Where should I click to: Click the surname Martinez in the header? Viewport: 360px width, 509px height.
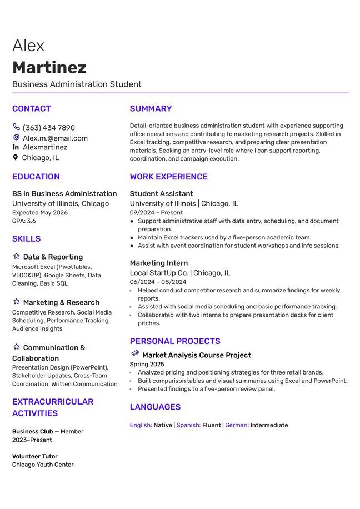tap(49, 68)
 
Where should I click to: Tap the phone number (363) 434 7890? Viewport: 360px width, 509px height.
tap(48, 128)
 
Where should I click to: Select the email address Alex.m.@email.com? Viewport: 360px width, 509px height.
tap(55, 138)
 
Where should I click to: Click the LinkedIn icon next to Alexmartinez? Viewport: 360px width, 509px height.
tap(16, 147)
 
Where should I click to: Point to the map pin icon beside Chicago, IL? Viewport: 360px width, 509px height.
tap(16, 158)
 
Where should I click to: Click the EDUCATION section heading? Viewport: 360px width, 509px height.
tap(36, 177)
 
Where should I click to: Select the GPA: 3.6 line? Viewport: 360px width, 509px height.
tap(24, 221)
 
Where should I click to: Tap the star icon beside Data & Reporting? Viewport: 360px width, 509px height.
tap(16, 257)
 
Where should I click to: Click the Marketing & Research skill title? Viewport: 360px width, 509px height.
tap(61, 302)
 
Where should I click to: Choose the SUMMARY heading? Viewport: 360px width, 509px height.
tap(151, 109)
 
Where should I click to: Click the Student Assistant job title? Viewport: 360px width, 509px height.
tap(161, 194)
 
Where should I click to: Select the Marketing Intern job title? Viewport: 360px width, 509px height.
tap(159, 263)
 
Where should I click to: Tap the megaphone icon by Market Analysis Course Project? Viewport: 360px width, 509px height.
tap(135, 354)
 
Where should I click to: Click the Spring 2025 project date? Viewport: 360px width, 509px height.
tap(147, 365)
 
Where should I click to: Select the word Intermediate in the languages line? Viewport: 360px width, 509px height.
tap(269, 425)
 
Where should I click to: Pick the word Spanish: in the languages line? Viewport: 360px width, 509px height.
tap(188, 425)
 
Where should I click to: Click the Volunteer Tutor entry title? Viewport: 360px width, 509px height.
tap(35, 456)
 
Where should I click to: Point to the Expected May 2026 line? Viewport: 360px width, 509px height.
tap(40, 213)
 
